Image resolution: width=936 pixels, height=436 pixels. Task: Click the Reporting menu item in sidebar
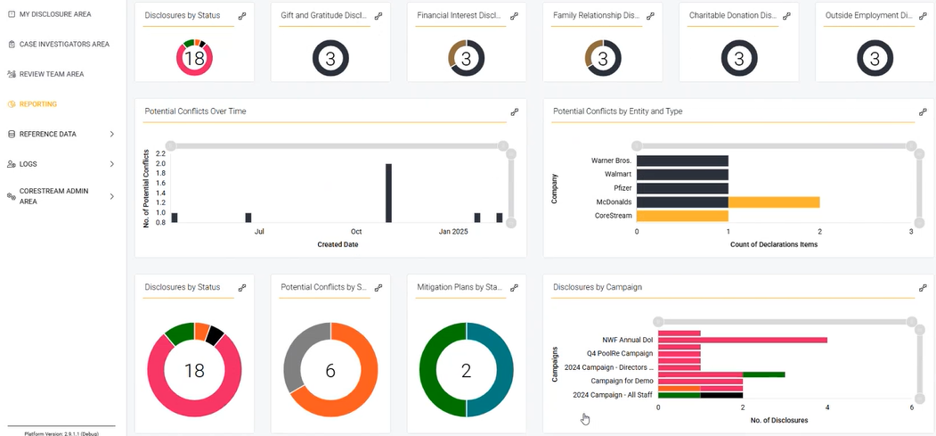(x=38, y=104)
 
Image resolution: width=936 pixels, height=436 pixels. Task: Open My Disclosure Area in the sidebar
(x=54, y=14)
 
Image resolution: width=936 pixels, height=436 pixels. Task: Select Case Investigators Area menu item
(x=64, y=44)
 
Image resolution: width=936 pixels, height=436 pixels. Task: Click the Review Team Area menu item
(x=52, y=74)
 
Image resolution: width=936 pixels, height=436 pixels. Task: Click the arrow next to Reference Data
(x=111, y=134)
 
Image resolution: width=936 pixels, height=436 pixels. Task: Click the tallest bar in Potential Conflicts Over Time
(x=388, y=193)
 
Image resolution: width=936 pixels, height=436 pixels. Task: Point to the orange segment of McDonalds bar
(x=773, y=202)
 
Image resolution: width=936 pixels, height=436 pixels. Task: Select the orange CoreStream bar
(x=682, y=216)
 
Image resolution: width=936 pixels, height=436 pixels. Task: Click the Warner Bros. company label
(x=611, y=160)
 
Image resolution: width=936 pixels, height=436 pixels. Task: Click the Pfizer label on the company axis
(x=623, y=188)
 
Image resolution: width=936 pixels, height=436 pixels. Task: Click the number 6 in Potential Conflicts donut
(x=330, y=370)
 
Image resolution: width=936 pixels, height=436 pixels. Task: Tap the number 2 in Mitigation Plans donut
(x=466, y=370)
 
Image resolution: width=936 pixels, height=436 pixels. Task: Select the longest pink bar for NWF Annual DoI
(x=763, y=340)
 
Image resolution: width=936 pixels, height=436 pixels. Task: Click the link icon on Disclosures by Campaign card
(x=923, y=288)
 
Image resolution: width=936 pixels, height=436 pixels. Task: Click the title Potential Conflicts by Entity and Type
(x=618, y=111)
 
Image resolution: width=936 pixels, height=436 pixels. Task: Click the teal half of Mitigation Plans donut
(x=499, y=370)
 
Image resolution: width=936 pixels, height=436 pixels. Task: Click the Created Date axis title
(x=338, y=244)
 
